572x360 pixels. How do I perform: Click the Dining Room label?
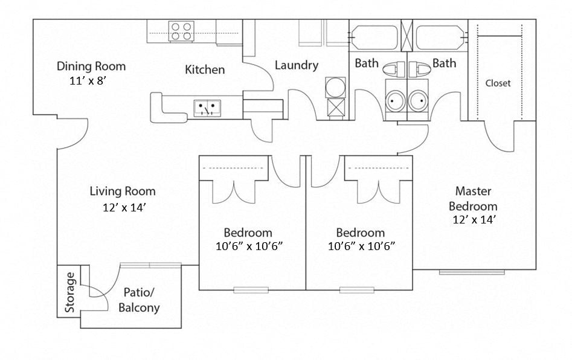[x=91, y=66]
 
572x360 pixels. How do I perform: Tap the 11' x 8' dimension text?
[x=91, y=80]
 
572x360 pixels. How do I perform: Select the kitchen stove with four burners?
[x=181, y=31]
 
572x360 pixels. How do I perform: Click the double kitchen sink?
[x=207, y=108]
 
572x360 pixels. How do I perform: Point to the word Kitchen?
[x=205, y=70]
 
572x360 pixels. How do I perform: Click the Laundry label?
[x=296, y=65]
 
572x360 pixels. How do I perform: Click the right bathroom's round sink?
[x=418, y=100]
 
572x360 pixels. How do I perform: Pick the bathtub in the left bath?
[x=374, y=37]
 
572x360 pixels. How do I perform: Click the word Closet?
[x=498, y=83]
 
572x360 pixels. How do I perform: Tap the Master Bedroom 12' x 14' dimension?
[x=474, y=220]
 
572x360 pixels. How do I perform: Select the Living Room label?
[x=123, y=191]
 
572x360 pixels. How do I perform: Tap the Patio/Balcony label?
[x=139, y=300]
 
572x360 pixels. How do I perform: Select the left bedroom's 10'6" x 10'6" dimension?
[x=248, y=246]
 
